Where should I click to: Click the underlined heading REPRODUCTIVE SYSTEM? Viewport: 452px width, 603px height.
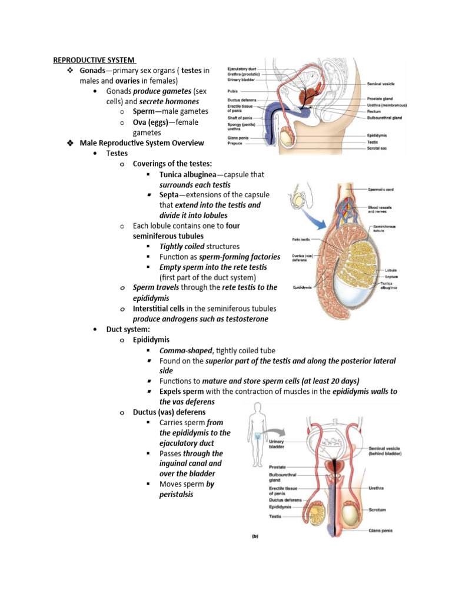coord(94,59)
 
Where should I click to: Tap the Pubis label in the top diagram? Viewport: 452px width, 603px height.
coord(232,91)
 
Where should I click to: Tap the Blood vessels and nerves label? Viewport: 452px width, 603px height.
coord(381,209)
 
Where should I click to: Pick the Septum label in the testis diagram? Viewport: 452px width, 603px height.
coord(376,276)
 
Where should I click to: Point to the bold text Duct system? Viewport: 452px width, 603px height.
coord(128,329)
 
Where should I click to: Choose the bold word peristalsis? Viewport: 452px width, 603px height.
coord(176,494)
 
